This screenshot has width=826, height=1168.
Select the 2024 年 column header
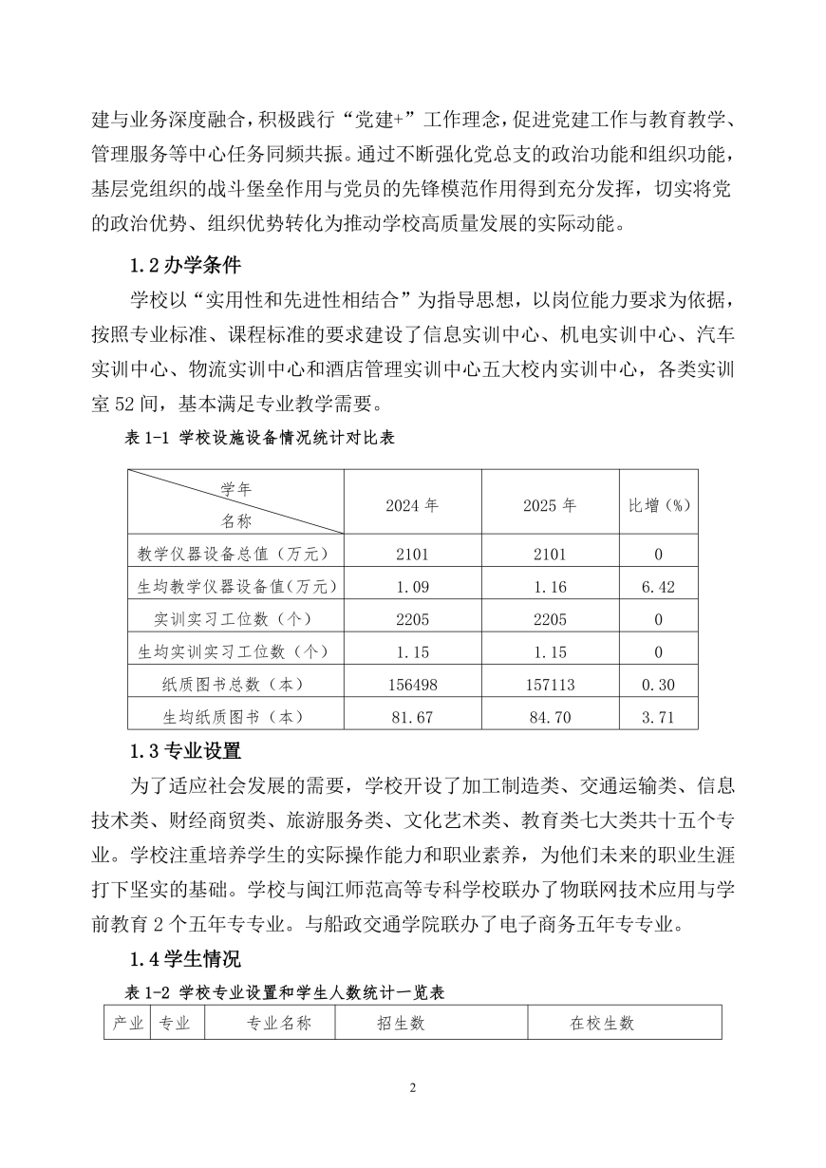tap(412, 505)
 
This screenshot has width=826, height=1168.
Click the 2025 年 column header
tap(550, 505)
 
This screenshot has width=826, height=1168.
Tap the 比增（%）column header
tap(658, 505)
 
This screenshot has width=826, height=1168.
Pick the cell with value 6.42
tap(658, 588)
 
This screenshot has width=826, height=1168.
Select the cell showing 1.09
tap(412, 588)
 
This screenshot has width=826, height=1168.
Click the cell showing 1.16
tap(550, 588)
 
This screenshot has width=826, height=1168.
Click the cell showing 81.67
tap(412, 717)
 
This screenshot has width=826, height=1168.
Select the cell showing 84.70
tap(550, 717)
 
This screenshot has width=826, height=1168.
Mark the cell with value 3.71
tap(658, 717)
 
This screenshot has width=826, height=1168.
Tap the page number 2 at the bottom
tap(413, 1088)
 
